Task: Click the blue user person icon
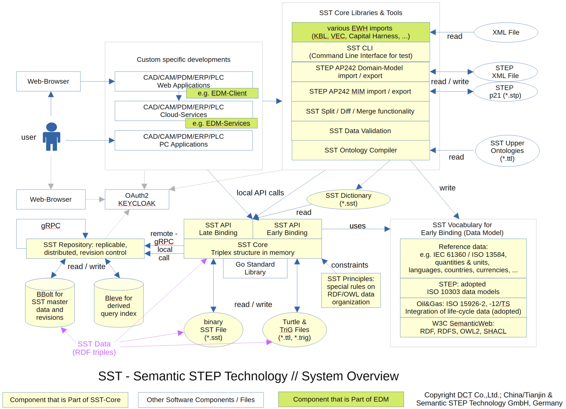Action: [x=51, y=137]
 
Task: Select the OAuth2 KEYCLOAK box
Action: [x=137, y=199]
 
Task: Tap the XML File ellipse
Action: [x=506, y=32]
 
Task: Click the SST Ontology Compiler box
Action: [x=361, y=150]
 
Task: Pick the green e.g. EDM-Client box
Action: [x=222, y=93]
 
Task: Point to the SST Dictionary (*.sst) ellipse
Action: [x=349, y=200]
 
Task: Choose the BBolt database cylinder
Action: [x=50, y=302]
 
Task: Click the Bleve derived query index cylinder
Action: [x=119, y=302]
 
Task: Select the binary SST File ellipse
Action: [x=213, y=330]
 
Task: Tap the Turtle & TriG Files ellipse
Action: [x=295, y=330]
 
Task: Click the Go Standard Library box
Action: [x=255, y=268]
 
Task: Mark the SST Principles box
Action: [x=351, y=290]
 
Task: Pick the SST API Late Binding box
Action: [x=218, y=229]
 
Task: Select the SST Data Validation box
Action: [x=360, y=131]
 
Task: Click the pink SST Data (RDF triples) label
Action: [x=94, y=348]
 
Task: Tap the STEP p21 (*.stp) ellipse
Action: [x=505, y=92]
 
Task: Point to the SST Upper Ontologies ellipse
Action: [x=507, y=151]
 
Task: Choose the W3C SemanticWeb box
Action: [x=463, y=327]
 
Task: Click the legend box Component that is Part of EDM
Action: [x=341, y=400]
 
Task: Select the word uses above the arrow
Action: [x=357, y=226]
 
